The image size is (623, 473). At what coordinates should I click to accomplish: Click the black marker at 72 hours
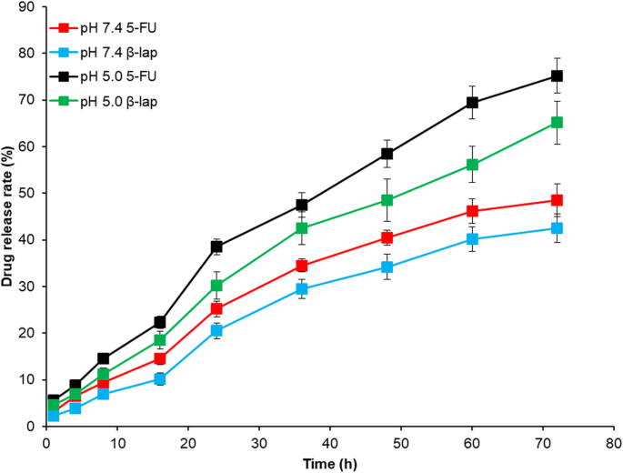tap(557, 75)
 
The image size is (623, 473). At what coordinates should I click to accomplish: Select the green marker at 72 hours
tap(557, 122)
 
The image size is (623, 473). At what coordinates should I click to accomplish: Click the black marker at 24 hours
tap(216, 247)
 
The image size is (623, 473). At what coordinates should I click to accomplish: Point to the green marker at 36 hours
tap(302, 228)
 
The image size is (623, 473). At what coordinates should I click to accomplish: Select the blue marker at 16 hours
tap(160, 378)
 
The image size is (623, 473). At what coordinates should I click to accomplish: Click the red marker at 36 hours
tap(302, 266)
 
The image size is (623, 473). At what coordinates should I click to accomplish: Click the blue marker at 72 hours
tap(557, 228)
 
